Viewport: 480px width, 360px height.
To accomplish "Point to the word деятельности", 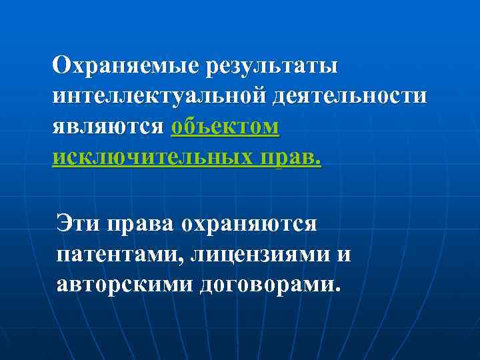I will tap(348, 95).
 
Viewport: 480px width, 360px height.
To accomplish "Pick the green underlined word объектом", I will tap(225, 126).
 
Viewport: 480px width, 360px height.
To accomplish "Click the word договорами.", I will tap(266, 285).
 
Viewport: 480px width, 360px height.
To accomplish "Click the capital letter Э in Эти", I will tap(64, 223).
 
